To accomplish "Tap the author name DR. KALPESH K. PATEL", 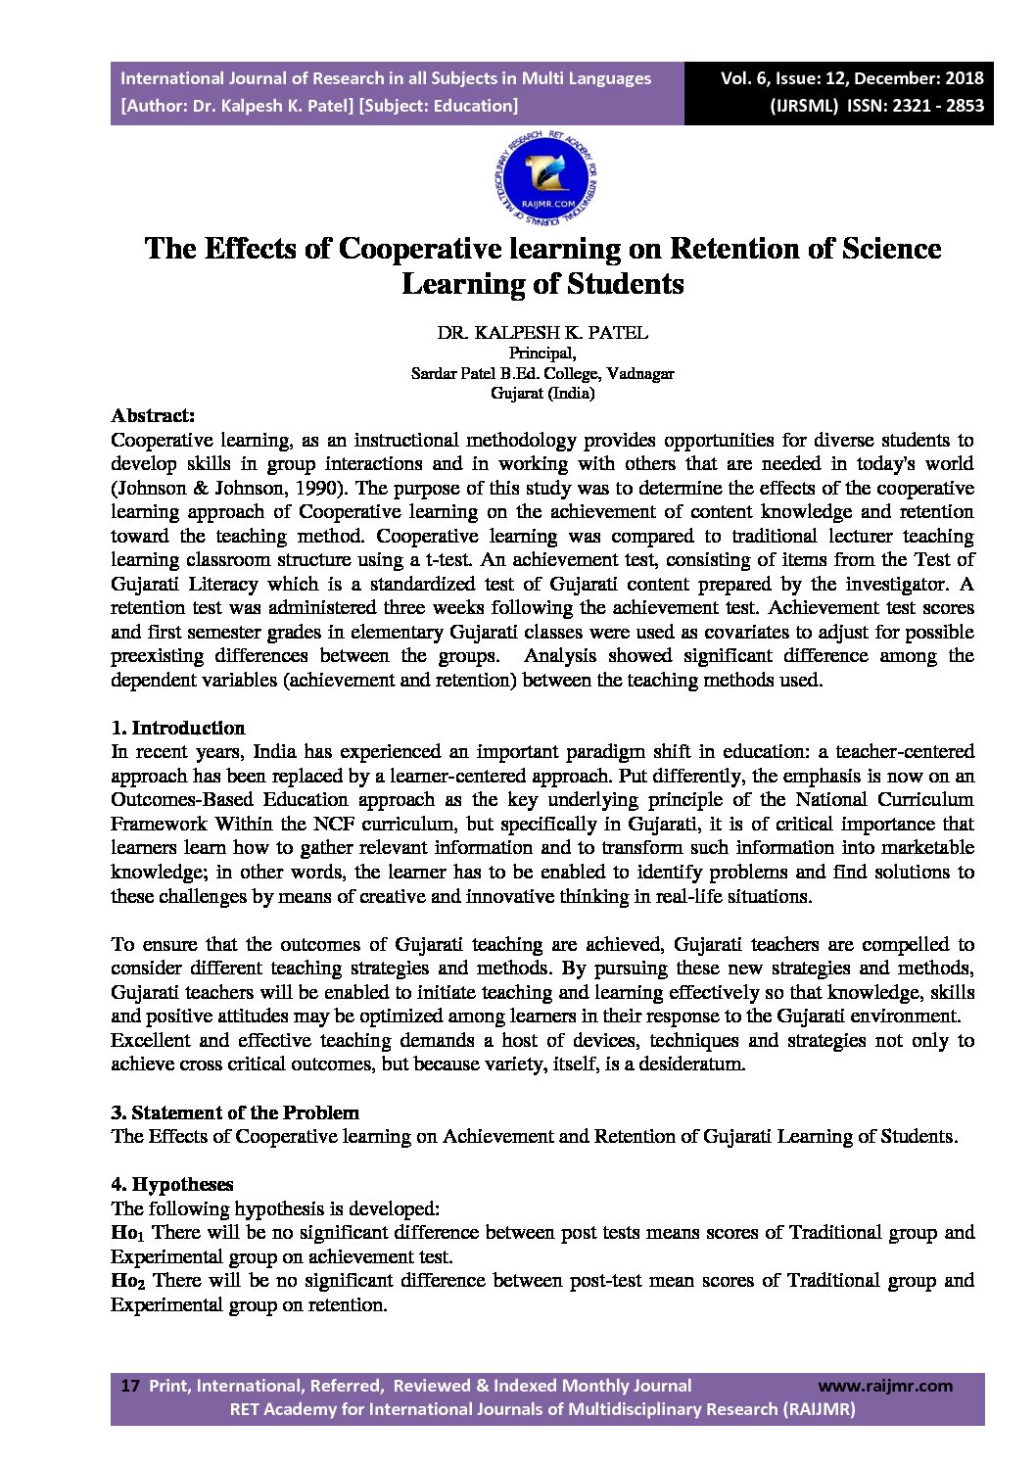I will point(542,333).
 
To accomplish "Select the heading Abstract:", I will point(153,415).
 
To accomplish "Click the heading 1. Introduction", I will point(177,728).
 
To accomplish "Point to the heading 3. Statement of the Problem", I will point(235,1112).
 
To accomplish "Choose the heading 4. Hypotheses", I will point(172,1184).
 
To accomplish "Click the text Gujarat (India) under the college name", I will point(542,394).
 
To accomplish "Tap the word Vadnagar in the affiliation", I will point(639,374).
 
